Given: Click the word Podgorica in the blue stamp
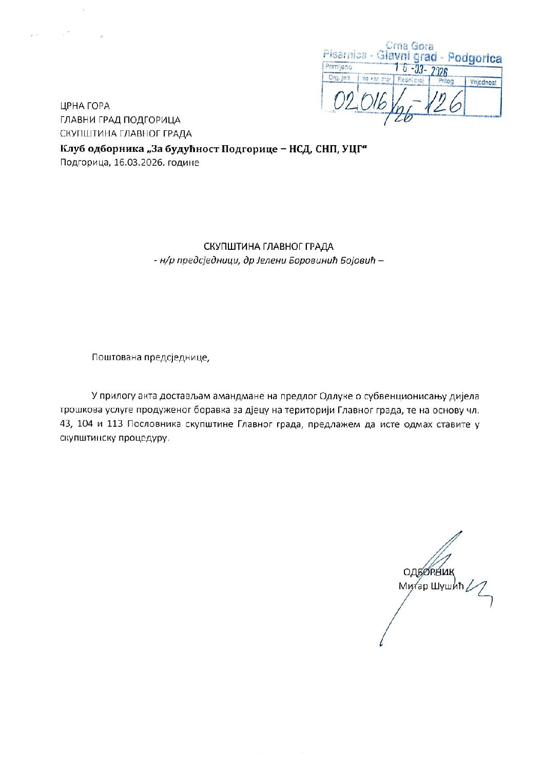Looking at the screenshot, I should pyautogui.click(x=474, y=58).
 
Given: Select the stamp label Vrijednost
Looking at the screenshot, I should pyautogui.click(x=483, y=82).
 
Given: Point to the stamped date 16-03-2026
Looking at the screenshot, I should pyautogui.click(x=421, y=70).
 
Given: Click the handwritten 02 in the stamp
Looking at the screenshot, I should pyautogui.click(x=344, y=101).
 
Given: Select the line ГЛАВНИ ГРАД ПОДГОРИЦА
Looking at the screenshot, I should pyautogui.click(x=120, y=120).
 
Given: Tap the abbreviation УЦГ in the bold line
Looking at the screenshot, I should pyautogui.click(x=354, y=149).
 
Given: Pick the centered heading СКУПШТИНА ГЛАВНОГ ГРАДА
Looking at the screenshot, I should pyautogui.click(x=268, y=246).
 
